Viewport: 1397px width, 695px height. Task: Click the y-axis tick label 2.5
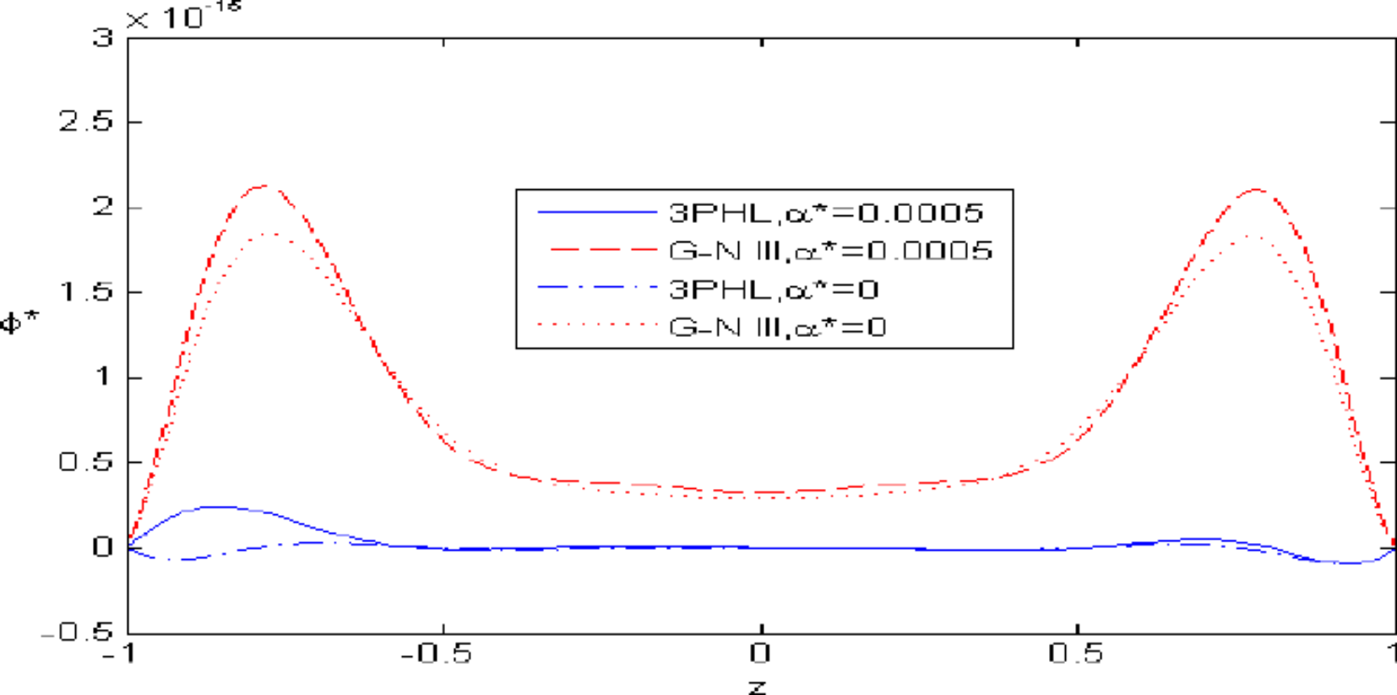pos(85,122)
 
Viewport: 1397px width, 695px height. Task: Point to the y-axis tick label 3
pos(103,37)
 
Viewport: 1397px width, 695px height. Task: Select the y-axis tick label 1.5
pos(85,292)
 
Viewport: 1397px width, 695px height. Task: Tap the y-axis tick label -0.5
pos(77,632)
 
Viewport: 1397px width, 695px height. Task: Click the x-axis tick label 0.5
pos(1075,653)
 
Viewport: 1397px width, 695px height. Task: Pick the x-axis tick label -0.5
pos(436,653)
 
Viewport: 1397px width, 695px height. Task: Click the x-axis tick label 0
pos(760,653)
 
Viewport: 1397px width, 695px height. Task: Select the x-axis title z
pos(758,686)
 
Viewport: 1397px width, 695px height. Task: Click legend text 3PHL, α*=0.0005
pos(826,212)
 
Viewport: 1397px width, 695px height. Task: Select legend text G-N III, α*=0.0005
pos(830,251)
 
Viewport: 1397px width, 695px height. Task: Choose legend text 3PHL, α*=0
pos(774,290)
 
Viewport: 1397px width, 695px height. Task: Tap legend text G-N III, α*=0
pos(777,327)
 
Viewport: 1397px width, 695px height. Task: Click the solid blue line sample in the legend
pos(597,212)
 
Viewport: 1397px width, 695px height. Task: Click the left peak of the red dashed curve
pos(266,186)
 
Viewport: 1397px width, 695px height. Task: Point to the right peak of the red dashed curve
pos(1256,190)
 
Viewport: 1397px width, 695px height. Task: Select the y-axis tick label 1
pos(103,377)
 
